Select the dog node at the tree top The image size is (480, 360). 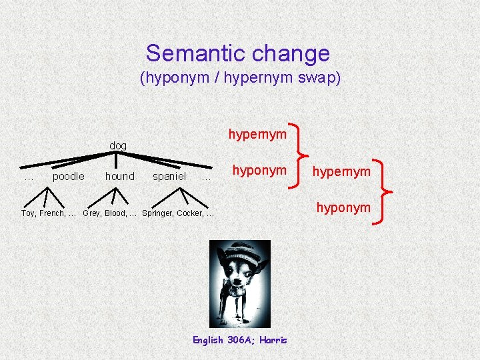(x=118, y=146)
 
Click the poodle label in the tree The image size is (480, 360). (x=68, y=177)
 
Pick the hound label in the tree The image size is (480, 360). (x=119, y=177)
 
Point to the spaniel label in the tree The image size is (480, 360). (x=169, y=177)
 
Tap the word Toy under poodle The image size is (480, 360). (x=29, y=213)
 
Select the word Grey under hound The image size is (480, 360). (x=92, y=213)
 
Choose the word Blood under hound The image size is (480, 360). (x=117, y=213)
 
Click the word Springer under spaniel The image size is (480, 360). (x=157, y=213)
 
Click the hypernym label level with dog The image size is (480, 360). (x=257, y=134)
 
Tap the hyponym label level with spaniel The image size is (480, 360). (x=259, y=171)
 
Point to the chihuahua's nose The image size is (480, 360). (x=237, y=279)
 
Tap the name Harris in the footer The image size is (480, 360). (x=273, y=340)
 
